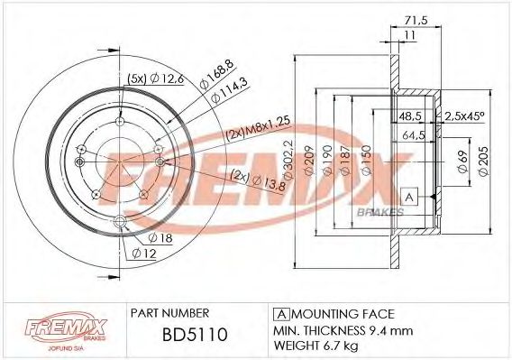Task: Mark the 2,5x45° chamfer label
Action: tap(465, 116)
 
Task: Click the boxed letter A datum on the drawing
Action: tap(409, 197)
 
